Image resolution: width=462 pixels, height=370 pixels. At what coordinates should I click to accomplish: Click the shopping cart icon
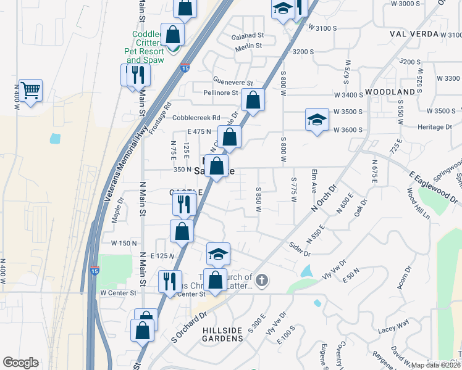click(x=30, y=91)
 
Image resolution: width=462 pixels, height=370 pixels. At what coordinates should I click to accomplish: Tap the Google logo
click(x=20, y=362)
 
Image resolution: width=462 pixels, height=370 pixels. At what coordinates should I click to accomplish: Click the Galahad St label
click(x=248, y=36)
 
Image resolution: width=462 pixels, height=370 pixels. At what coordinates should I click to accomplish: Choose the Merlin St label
click(x=248, y=46)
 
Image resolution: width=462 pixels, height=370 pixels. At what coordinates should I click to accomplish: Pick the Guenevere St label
click(x=233, y=82)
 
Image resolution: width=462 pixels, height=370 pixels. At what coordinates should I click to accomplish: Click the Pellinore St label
click(x=220, y=93)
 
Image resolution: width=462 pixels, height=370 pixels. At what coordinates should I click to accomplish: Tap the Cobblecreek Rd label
click(x=196, y=117)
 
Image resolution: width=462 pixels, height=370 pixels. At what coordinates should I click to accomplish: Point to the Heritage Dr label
click(x=435, y=127)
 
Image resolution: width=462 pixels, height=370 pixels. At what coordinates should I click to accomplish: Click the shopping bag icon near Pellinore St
click(x=253, y=99)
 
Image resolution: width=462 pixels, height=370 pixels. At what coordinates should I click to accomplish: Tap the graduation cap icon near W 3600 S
click(x=316, y=119)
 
